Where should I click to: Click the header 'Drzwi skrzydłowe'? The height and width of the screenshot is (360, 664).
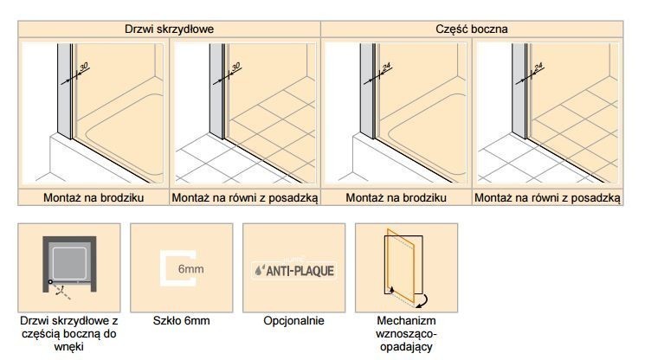[x=169, y=29]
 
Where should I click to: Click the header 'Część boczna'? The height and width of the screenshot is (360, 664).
[x=471, y=29]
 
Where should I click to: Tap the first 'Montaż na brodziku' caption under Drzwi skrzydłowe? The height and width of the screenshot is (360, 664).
[x=93, y=197]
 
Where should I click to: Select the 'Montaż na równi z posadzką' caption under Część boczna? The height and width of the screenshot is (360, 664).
[x=547, y=197]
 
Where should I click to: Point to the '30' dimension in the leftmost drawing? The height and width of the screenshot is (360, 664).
[x=83, y=67]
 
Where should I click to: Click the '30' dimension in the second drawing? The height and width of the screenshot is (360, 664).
[x=235, y=67]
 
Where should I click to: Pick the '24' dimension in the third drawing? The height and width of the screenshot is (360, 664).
[x=386, y=67]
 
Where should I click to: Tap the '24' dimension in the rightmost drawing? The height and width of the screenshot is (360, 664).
[x=538, y=67]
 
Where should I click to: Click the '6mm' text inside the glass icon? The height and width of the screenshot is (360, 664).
[x=190, y=269]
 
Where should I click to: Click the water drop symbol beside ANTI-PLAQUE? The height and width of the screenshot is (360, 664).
[x=259, y=271]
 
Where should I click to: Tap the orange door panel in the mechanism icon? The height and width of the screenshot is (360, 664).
[x=401, y=266]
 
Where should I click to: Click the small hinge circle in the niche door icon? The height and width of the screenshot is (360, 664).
[x=50, y=281]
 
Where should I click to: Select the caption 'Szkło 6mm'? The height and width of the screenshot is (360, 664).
[x=181, y=320]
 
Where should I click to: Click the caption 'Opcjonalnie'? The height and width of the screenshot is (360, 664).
[x=293, y=320]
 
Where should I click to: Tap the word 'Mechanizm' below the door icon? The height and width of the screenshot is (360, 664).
[x=406, y=320]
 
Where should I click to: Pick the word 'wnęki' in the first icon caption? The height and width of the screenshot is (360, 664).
[x=69, y=347]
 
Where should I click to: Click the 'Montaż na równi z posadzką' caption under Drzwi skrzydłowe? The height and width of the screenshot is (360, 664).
[x=245, y=197]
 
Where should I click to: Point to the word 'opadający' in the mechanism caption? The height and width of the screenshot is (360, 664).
[x=406, y=347]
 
